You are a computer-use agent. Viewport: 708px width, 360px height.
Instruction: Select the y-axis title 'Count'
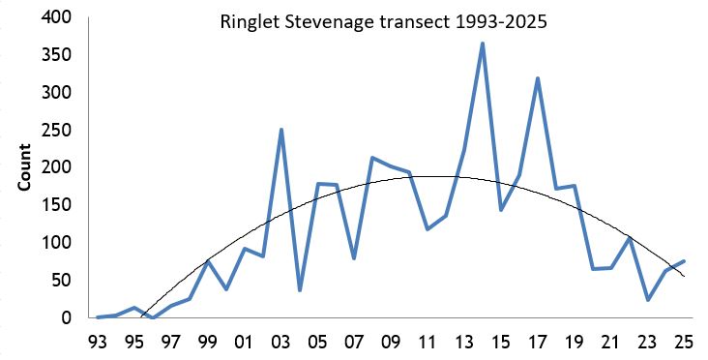tap(27, 168)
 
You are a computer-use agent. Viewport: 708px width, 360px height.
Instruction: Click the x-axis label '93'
tap(98, 341)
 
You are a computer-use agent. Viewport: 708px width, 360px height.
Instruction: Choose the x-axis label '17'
tap(538, 341)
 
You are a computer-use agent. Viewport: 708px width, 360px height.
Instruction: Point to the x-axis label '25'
tap(684, 341)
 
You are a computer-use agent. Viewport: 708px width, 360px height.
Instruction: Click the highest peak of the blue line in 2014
tap(482, 44)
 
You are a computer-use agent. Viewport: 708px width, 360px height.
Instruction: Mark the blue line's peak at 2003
tap(281, 130)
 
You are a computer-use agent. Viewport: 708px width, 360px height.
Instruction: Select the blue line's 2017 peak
tap(538, 78)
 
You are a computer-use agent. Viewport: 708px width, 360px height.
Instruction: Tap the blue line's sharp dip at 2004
tap(300, 290)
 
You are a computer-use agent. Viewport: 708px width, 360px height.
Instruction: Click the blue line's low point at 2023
tap(647, 300)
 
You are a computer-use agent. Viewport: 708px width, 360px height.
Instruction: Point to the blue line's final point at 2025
tap(684, 261)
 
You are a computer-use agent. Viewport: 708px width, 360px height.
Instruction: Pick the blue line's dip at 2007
tap(354, 258)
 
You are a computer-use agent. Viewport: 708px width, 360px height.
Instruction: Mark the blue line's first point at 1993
tap(98, 316)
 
